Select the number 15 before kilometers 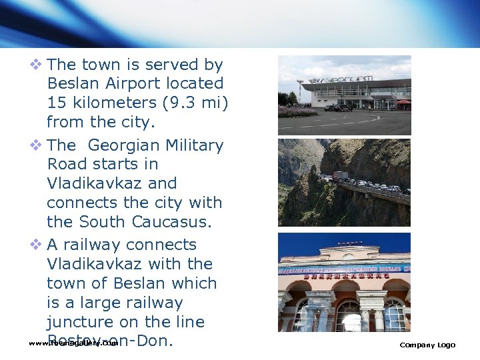[x=56, y=103]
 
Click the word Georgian [x=122, y=145]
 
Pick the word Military [x=193, y=145]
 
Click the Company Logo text [x=427, y=345]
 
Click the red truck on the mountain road [x=340, y=176]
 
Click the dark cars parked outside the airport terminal [x=337, y=107]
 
